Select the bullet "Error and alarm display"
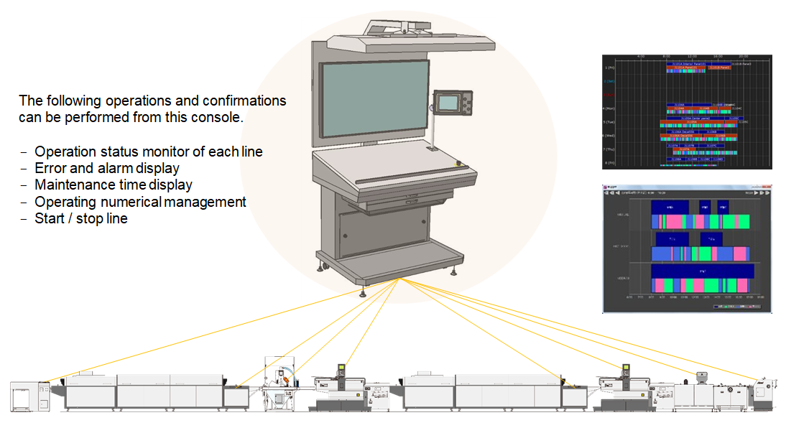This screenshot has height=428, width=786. coord(106,168)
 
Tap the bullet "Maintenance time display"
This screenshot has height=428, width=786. coord(114,185)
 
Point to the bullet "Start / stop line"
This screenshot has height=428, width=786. coord(81,218)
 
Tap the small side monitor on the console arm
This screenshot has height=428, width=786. coord(449,102)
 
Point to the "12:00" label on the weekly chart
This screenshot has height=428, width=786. coord(693,55)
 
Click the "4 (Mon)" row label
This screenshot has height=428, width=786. coord(609,108)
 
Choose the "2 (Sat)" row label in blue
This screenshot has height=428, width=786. coord(609,81)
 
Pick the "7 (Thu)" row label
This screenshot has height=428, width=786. coord(609,149)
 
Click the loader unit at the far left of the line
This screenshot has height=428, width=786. coord(29,396)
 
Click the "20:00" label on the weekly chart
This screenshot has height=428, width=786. coord(744,55)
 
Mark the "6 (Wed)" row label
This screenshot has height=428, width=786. coord(609,136)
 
